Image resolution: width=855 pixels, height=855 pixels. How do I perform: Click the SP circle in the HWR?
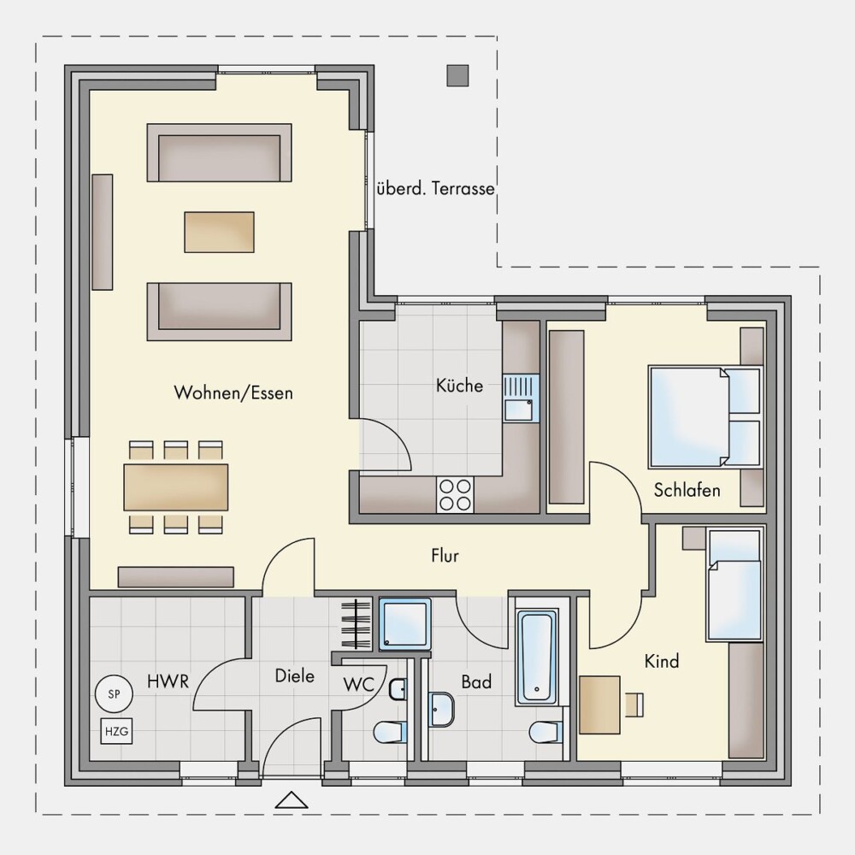click(x=114, y=694)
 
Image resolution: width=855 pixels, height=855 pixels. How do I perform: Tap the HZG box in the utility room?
click(x=116, y=731)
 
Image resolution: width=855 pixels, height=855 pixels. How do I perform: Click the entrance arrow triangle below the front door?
click(x=292, y=799)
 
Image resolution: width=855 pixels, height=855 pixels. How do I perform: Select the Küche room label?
click(x=459, y=386)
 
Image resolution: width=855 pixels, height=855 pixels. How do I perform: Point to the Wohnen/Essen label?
click(x=233, y=392)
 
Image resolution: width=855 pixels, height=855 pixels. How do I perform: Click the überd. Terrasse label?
click(x=436, y=189)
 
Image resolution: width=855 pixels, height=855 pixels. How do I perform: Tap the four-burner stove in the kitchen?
click(x=456, y=495)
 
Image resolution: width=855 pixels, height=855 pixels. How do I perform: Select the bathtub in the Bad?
click(x=537, y=656)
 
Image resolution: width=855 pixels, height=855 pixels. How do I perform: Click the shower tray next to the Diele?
click(x=404, y=624)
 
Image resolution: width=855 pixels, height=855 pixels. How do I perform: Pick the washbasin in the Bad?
click(x=441, y=710)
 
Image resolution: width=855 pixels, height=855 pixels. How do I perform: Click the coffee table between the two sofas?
click(x=219, y=233)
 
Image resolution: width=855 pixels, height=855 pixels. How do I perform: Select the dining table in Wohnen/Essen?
click(x=176, y=487)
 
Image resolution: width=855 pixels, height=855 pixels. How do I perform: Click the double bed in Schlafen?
click(x=705, y=417)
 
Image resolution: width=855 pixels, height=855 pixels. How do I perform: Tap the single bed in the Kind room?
click(x=734, y=583)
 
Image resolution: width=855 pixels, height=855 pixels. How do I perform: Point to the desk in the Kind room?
click(x=600, y=705)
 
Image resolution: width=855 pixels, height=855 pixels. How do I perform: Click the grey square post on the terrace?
click(x=457, y=76)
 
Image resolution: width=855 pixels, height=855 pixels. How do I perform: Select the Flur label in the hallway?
click(x=445, y=556)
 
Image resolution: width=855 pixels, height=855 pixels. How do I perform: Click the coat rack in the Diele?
click(x=356, y=624)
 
